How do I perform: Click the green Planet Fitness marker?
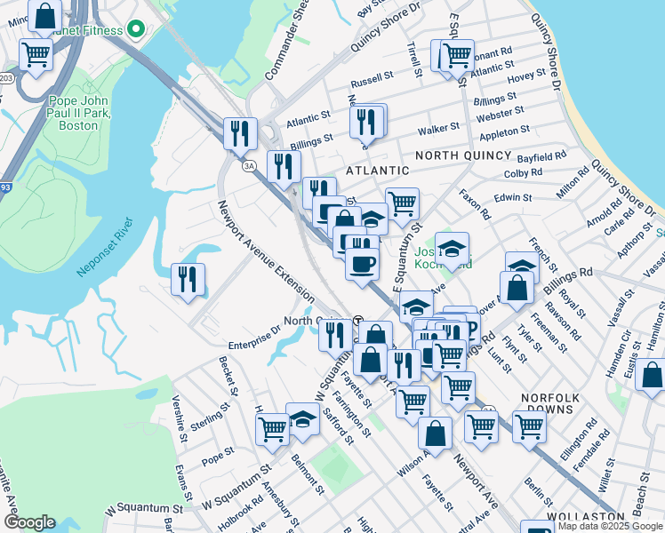[135, 30]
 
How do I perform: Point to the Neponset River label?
[104, 245]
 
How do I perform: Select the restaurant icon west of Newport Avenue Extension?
[188, 280]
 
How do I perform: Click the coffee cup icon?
[362, 266]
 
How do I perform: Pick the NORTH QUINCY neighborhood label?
[464, 155]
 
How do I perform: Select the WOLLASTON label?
[593, 516]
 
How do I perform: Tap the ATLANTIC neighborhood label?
[377, 170]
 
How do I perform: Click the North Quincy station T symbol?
[358, 321]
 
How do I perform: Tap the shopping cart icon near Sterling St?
[272, 429]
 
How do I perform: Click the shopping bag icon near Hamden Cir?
[652, 375]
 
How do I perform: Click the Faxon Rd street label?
[474, 204]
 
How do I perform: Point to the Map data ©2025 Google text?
[610, 526]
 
